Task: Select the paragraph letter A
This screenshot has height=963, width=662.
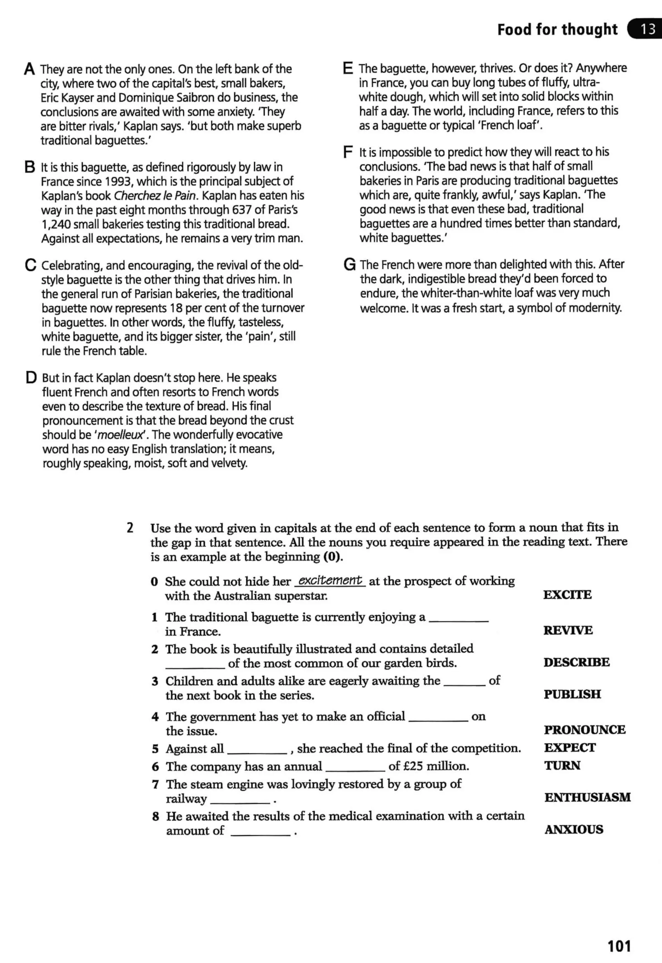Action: pyautogui.click(x=29, y=69)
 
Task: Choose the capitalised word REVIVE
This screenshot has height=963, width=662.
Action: pyautogui.click(x=568, y=630)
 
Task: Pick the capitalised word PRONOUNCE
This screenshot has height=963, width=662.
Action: pyautogui.click(x=584, y=730)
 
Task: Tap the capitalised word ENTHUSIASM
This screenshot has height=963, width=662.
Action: pyautogui.click(x=587, y=797)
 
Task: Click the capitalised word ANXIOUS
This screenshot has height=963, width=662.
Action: pyautogui.click(x=574, y=829)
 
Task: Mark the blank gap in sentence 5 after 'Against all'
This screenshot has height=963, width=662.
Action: pyautogui.click(x=257, y=751)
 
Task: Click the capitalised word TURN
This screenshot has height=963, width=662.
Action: pyautogui.click(x=562, y=765)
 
